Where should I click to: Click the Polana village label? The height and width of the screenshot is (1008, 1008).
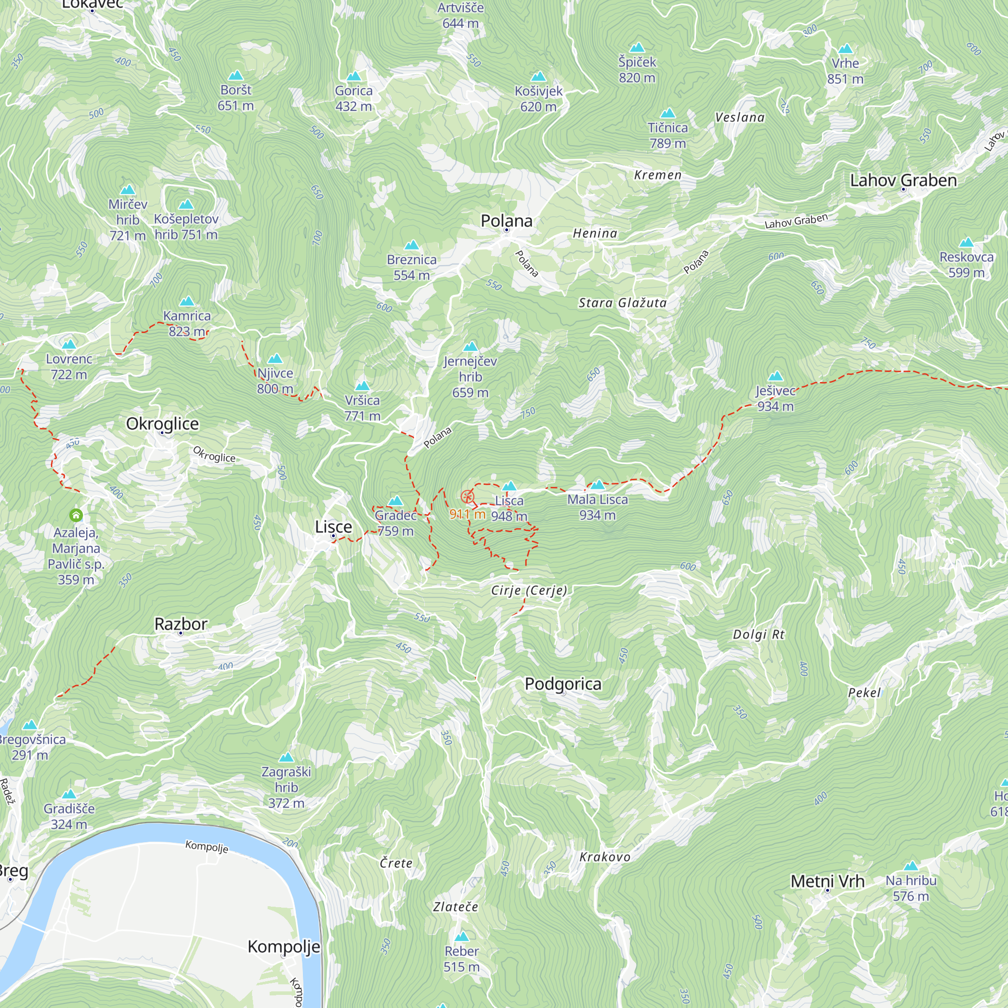506,221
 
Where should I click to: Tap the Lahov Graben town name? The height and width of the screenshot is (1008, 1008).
903,180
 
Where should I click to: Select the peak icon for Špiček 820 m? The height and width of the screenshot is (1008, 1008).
637,48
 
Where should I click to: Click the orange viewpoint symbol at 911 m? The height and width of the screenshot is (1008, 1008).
467,497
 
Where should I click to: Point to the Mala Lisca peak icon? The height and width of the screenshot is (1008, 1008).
597,485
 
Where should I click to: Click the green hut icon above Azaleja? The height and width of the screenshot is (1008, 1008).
76,516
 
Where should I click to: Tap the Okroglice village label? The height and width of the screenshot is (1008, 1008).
162,424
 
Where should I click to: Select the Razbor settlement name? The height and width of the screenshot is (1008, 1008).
180,624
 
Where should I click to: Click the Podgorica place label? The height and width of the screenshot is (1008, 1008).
562,684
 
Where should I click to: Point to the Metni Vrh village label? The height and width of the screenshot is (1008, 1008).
827,881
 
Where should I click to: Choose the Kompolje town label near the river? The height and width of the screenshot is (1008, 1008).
283,947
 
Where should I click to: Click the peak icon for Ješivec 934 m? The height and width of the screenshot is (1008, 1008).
775,376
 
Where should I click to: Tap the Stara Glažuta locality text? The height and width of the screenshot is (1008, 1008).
622,303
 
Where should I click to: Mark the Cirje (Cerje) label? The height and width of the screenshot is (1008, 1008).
529,590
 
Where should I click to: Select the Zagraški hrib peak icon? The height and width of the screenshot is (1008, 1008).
286,758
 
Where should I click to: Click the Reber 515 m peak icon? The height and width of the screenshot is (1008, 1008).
461,936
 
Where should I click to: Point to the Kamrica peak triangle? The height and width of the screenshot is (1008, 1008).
187,301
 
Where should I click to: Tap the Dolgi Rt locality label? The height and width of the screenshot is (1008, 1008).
758,635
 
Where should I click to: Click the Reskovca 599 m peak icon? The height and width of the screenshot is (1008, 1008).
966,242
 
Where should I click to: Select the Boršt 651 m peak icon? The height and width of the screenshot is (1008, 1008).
236,76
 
